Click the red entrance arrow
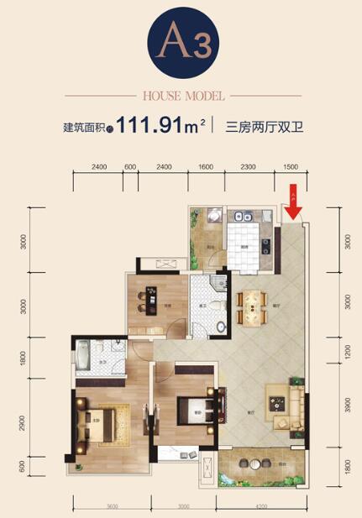point(292,204)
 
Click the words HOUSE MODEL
point(181,95)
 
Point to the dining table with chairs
point(250,308)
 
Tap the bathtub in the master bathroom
point(84,356)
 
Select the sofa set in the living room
point(286,403)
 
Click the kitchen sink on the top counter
point(239,217)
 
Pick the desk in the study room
point(153,299)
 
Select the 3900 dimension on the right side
point(349,404)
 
